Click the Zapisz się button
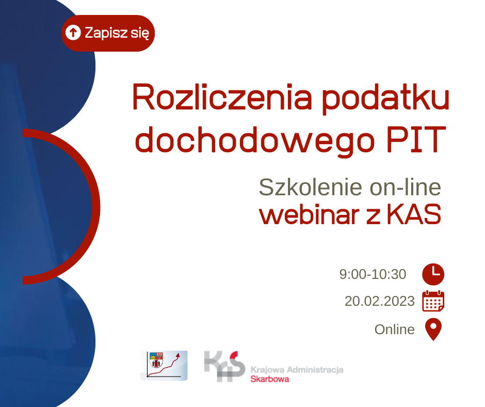tap(108, 33)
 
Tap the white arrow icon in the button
tap(73, 33)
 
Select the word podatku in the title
tap(385, 99)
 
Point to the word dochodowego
tap(255, 140)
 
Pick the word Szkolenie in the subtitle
tap(311, 187)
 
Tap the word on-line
tap(406, 187)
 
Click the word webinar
tap(310, 214)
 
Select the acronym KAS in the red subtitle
tap(414, 214)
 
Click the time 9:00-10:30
tap(373, 274)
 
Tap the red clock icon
tap(433, 274)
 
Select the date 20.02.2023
tap(380, 301)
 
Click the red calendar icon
tap(433, 301)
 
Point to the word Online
tap(394, 330)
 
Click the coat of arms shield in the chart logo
tap(156, 359)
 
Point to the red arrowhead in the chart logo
tap(178, 355)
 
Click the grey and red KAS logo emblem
tap(224, 366)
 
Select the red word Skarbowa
tap(270, 379)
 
